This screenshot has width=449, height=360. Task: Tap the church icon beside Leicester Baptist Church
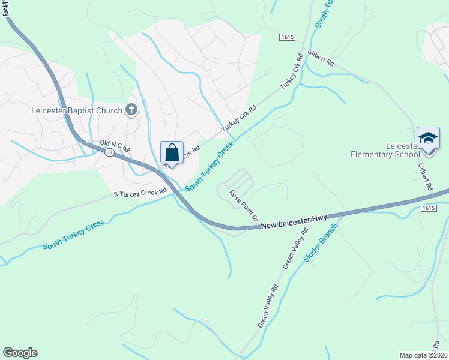[131, 110]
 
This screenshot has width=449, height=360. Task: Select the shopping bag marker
[172, 153]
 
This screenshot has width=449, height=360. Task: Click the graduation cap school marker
[428, 139]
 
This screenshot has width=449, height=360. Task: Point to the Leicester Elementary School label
[385, 150]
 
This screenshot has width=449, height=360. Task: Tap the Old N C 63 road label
[115, 144]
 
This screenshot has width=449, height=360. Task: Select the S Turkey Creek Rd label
[140, 193]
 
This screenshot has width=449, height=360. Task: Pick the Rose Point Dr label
[245, 204]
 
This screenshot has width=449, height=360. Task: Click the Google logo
[20, 353]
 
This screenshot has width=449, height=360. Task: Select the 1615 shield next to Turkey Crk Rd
[286, 37]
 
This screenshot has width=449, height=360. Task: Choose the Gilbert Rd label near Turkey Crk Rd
[321, 58]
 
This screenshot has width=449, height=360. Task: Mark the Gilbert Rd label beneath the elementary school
[426, 177]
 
